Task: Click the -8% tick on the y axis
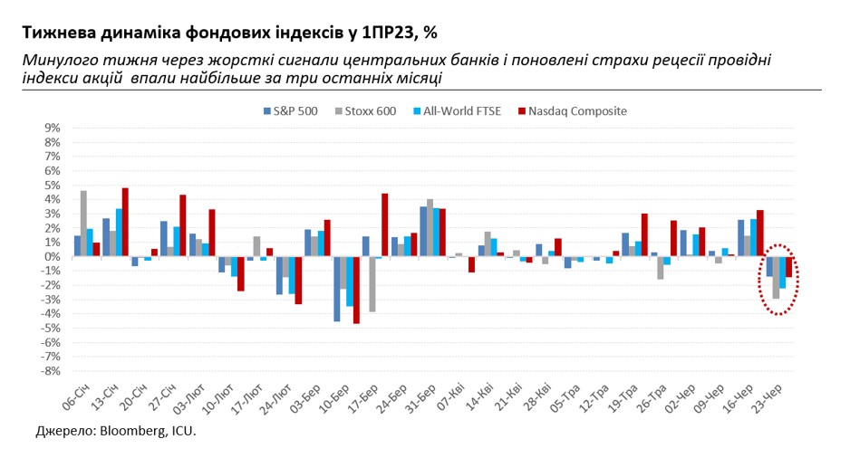50,371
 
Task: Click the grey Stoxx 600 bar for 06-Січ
84,223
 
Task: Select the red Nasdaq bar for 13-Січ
125,222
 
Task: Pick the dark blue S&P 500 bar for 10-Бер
336,289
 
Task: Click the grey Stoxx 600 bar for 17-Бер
372,283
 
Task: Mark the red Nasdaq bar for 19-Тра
644,234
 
